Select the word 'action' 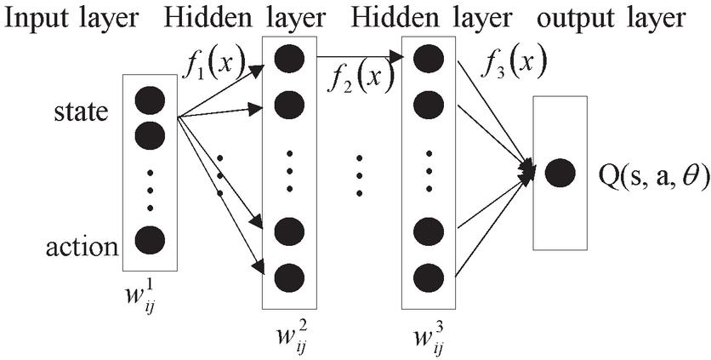(x=81, y=248)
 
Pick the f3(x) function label (x=515, y=61)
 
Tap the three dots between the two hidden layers (x=360, y=174)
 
